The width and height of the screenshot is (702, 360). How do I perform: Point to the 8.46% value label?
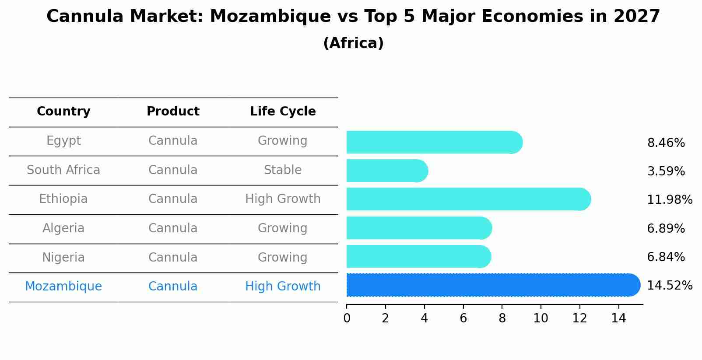point(666,143)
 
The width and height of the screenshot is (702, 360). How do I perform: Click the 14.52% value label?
point(669,286)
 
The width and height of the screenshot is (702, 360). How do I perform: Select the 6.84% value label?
point(666,257)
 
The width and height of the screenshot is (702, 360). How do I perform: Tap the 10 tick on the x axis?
point(541,318)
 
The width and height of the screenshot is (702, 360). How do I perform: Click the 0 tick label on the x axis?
point(347,318)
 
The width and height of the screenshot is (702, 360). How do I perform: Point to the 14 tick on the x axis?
point(618,318)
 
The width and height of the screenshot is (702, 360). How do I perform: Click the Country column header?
point(63,112)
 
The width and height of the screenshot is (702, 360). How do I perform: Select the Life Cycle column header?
point(283,112)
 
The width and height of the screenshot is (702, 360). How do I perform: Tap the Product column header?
point(173,112)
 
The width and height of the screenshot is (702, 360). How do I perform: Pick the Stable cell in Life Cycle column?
point(283,170)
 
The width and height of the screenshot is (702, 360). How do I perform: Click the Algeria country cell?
point(63,228)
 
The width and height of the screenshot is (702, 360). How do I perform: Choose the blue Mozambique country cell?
point(63,287)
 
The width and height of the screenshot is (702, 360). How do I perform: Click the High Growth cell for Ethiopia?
point(283,199)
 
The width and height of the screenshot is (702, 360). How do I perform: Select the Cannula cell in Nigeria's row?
point(173,258)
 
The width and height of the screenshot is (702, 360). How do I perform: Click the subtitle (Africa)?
point(353,43)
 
